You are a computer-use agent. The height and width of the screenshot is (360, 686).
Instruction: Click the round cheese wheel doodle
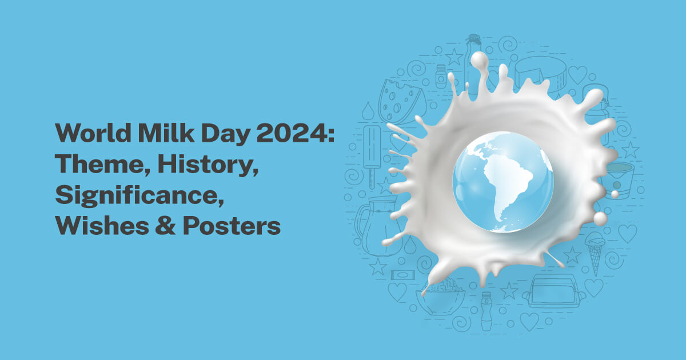point(540,74)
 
